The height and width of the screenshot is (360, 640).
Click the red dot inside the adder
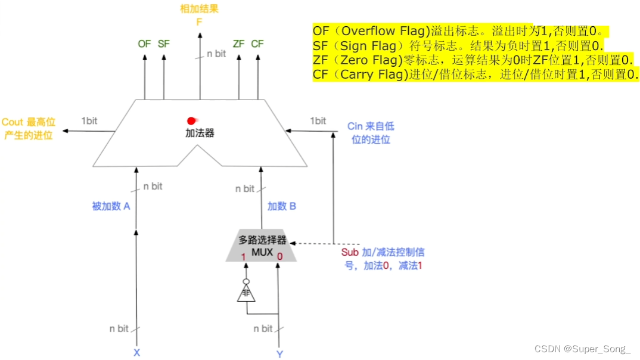click(x=191, y=120)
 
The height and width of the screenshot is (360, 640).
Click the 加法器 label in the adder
click(x=200, y=133)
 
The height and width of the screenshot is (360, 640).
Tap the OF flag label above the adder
click(x=144, y=44)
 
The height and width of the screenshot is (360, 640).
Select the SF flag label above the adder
click(x=164, y=44)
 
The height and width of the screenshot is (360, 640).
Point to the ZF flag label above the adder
click(x=239, y=44)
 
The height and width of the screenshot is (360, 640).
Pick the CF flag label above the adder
click(x=257, y=44)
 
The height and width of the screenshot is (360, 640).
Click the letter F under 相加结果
click(x=200, y=22)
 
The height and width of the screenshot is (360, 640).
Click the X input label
click(x=136, y=352)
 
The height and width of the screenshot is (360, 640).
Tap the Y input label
click(x=279, y=354)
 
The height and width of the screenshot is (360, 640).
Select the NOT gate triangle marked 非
click(x=245, y=293)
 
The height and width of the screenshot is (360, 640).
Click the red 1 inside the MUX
click(x=243, y=256)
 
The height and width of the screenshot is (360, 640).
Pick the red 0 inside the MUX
click(x=279, y=256)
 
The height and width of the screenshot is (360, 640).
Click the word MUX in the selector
click(x=262, y=252)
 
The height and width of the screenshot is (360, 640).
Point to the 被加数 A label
click(x=111, y=206)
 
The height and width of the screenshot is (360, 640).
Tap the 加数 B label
click(x=282, y=206)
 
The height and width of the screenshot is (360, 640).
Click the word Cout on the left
click(x=13, y=122)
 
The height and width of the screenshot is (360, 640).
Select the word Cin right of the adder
click(x=355, y=126)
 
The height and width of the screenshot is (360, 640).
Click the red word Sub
click(x=350, y=252)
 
